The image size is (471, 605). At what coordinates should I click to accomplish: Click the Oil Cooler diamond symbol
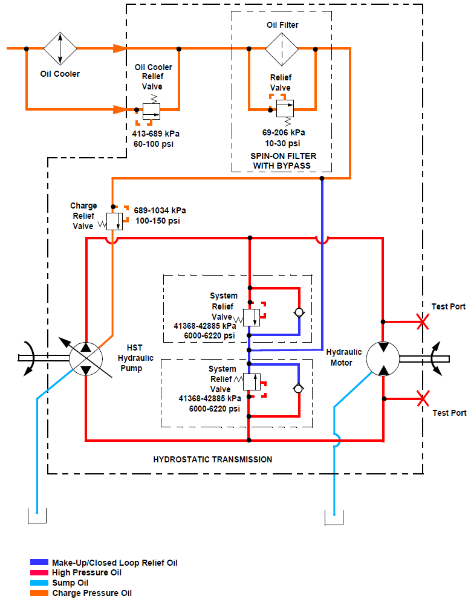pos(60,49)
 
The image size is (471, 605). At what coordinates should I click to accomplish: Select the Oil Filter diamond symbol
pos(282,49)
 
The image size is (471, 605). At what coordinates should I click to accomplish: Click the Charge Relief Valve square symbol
pos(114,222)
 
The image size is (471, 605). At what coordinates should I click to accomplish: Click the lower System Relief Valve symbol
pos(251,382)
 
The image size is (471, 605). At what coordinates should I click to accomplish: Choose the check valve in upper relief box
pos(299,312)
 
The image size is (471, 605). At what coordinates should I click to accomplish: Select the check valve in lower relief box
pos(299,388)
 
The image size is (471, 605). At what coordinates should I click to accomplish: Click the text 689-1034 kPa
pos(160,210)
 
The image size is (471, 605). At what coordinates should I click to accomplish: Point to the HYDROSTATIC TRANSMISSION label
pos(213,459)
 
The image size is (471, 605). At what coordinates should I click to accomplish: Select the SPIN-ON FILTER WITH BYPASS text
pos(284,161)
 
